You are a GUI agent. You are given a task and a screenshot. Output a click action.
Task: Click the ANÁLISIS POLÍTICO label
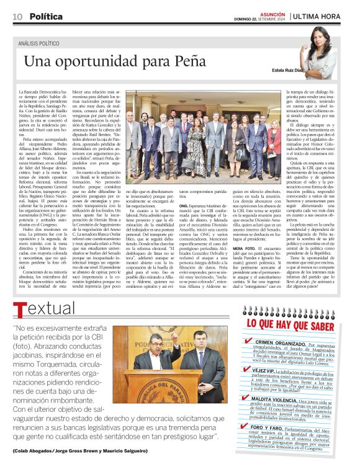point(42,44)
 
